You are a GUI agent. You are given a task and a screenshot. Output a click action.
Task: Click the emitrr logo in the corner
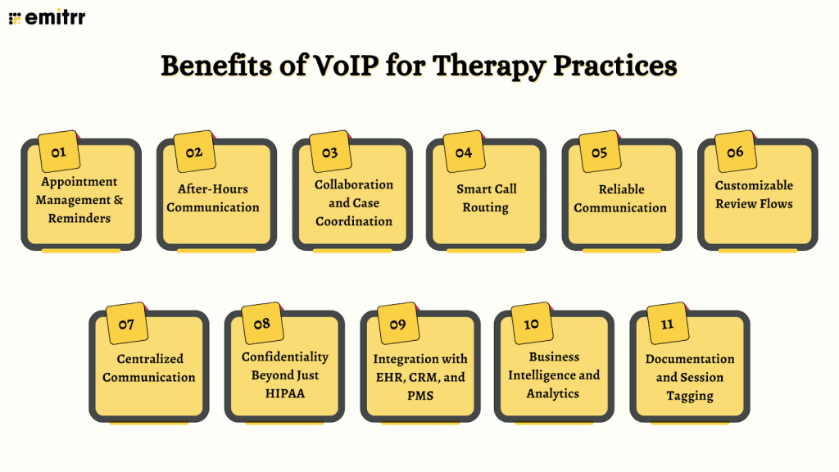coord(47,16)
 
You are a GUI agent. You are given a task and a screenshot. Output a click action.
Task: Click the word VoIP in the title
coord(335,66)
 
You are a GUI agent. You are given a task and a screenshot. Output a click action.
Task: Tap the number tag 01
coord(59,152)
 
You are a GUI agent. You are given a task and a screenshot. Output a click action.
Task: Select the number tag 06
coord(735,152)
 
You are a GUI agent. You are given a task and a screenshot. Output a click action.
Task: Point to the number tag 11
coord(667,324)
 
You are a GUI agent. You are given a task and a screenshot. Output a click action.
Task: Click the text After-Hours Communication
coord(213,198)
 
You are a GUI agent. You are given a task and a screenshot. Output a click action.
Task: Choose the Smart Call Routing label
coord(486,198)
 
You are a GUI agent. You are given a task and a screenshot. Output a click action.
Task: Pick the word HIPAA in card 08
coord(284,393)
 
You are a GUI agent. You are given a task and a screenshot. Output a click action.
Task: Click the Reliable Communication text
coord(620,198)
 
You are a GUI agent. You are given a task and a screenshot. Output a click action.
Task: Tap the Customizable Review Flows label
coord(754,194)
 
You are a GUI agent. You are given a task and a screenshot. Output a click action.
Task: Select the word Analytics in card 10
coord(553,393)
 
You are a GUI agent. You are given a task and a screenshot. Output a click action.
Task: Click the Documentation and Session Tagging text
coord(689,377)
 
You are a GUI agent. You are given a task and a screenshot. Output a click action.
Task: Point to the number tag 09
coord(397,324)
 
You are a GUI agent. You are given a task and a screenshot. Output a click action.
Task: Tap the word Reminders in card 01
coord(79,218)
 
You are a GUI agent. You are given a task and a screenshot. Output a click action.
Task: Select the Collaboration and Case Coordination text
coord(353,202)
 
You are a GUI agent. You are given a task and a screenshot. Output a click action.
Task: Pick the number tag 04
coord(464,152)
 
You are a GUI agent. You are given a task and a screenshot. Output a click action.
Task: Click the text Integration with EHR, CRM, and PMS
coord(420,377)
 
